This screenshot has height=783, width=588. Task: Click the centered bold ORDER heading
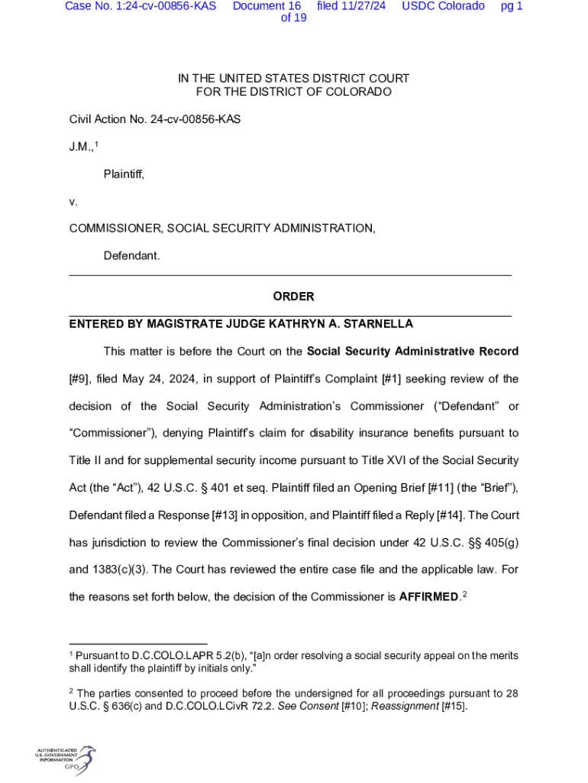(293, 297)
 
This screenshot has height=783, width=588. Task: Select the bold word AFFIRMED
(428, 596)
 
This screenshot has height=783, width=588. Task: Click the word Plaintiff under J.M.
(124, 175)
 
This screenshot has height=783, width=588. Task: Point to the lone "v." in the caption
(73, 203)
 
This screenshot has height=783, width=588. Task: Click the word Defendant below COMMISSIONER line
(131, 255)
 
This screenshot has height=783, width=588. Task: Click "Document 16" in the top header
(267, 6)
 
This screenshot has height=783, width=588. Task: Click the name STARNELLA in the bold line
(380, 324)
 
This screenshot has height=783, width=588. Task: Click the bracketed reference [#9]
(80, 379)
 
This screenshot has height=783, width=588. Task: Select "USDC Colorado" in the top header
(443, 6)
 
